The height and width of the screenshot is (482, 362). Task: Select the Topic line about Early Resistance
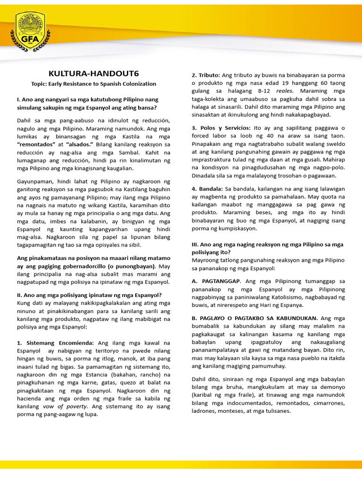[x=93, y=84]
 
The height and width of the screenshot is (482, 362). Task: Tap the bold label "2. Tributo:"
[x=206, y=75]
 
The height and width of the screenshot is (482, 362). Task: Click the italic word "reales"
[x=284, y=91]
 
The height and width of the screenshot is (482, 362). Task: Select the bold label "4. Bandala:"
[x=207, y=189]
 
